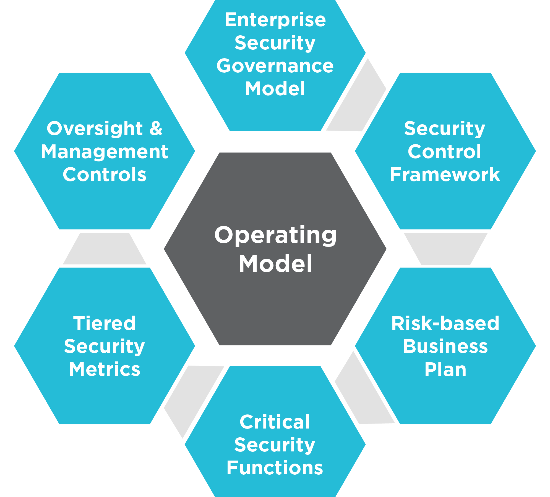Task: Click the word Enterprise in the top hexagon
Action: click(x=275, y=20)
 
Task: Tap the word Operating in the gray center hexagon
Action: click(x=275, y=236)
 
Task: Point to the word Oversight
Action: click(x=95, y=129)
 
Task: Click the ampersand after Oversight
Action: click(x=156, y=129)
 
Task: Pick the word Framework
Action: click(x=445, y=175)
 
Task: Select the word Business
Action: click(x=445, y=346)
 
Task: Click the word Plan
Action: click(x=445, y=369)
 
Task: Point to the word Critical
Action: click(x=275, y=422)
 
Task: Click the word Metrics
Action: click(x=105, y=369)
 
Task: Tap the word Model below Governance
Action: click(x=275, y=89)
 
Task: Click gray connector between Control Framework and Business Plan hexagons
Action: click(x=445, y=249)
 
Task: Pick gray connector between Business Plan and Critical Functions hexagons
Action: click(x=362, y=392)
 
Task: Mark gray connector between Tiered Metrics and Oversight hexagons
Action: click(x=105, y=249)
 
